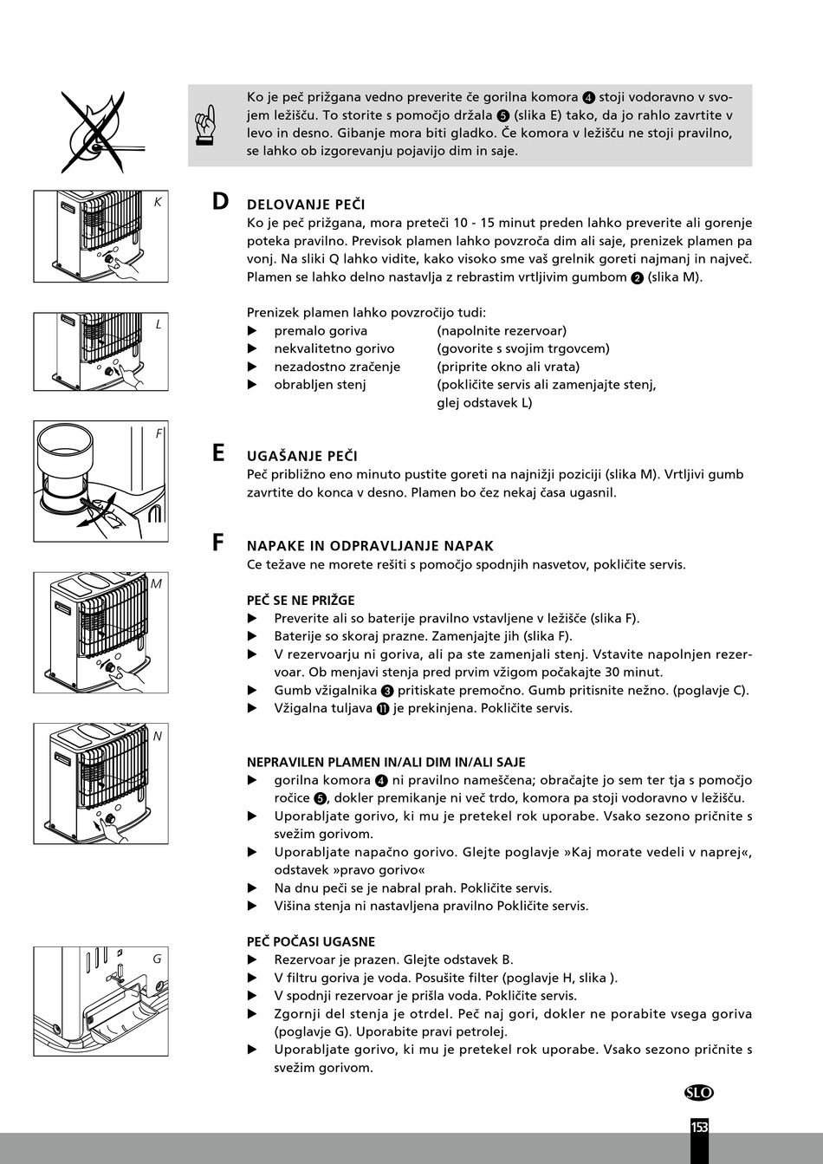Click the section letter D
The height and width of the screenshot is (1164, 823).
pos(220,202)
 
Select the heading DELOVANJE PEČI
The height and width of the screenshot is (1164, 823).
pos(306,205)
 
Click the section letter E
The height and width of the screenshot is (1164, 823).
pos(218,453)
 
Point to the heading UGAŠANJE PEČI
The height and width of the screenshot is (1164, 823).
pos(301,456)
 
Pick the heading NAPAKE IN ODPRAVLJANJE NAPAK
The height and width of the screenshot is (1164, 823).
pos(370,546)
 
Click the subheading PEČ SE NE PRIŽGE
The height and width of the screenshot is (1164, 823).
pos(301,600)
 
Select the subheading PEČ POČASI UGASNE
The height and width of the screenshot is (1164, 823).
pos(310,941)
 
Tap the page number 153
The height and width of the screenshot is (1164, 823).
pos(699,1127)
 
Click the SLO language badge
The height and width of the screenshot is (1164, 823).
pos(698,1093)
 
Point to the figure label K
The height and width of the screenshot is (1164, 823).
pos(158,202)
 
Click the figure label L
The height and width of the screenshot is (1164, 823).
pos(159,324)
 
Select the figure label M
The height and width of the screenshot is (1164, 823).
pos(156,584)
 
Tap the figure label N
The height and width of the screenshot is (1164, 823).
pos(157,736)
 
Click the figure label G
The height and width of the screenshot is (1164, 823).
pos(157,959)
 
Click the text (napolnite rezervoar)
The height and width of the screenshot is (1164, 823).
pos(502,330)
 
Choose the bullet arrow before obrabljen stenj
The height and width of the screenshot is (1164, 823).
pos(253,384)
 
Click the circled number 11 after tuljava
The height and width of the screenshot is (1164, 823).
pos(381,708)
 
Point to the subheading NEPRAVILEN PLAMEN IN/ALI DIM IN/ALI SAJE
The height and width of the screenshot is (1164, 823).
pos(386,762)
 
